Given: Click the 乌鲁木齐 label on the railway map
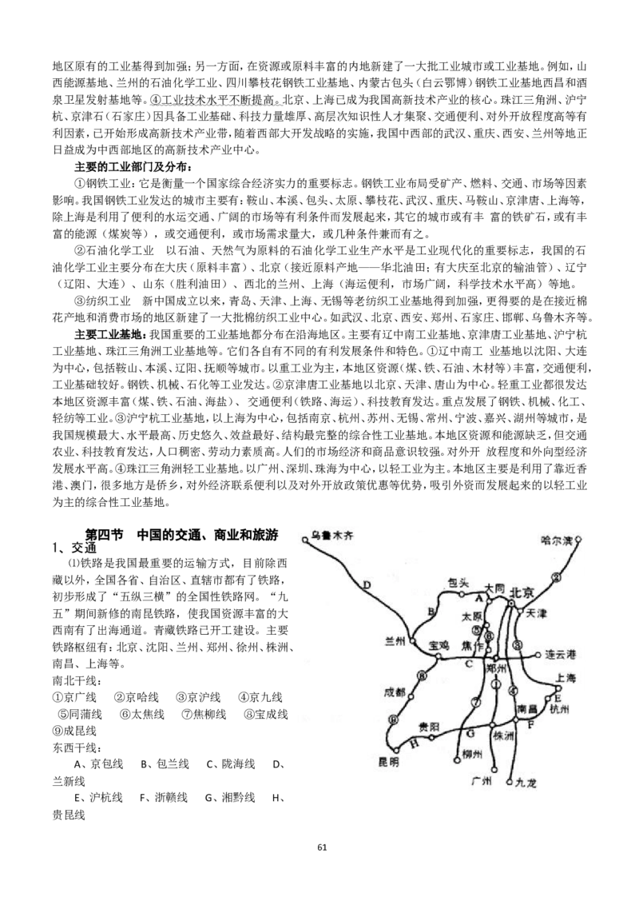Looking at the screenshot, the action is pos(331,536).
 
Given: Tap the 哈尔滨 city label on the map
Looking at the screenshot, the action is pos(557,540).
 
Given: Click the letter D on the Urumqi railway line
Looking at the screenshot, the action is pos(367,585).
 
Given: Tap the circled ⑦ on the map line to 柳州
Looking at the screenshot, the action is pos(476,703).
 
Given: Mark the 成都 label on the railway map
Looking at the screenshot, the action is pos(395,693).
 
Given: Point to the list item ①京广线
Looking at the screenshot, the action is pos(74,697).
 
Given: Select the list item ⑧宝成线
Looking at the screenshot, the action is pos(266,714).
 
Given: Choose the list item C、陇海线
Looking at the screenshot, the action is pos(231,763).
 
